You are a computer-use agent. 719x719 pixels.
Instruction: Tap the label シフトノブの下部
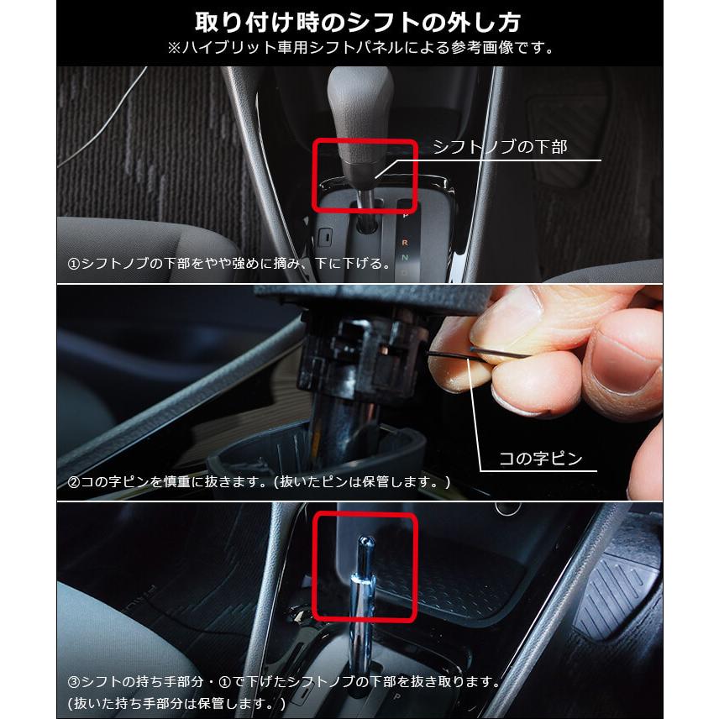[500, 147]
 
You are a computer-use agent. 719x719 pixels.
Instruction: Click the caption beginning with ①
[229, 263]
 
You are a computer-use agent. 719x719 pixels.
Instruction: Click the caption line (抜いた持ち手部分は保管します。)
[176, 702]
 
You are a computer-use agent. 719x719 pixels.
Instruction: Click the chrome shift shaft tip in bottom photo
[366, 554]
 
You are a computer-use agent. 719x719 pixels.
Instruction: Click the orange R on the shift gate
[406, 242]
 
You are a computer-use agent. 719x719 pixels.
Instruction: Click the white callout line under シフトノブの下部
[538, 161]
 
